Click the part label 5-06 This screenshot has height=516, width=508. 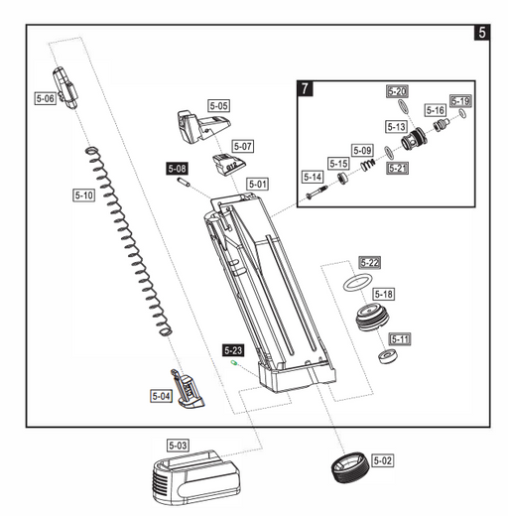45,98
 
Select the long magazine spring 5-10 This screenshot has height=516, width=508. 129,241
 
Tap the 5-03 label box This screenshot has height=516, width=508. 178,446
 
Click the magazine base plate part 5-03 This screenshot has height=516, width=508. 195,477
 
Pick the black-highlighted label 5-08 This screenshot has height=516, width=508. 177,169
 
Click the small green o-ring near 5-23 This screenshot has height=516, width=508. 234,363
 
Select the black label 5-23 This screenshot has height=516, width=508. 233,350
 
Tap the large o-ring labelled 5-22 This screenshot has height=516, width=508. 357,282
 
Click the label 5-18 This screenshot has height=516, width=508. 384,294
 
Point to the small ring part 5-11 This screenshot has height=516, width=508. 388,356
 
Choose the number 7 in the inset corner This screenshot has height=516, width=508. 305,88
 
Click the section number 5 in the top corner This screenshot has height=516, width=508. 482,33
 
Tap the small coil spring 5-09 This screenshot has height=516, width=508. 368,165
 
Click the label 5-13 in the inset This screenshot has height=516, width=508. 396,127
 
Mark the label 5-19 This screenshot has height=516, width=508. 460,101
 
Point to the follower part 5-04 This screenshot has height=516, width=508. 188,389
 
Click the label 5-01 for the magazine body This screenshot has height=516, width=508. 258,185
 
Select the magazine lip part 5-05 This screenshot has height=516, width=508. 203,127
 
